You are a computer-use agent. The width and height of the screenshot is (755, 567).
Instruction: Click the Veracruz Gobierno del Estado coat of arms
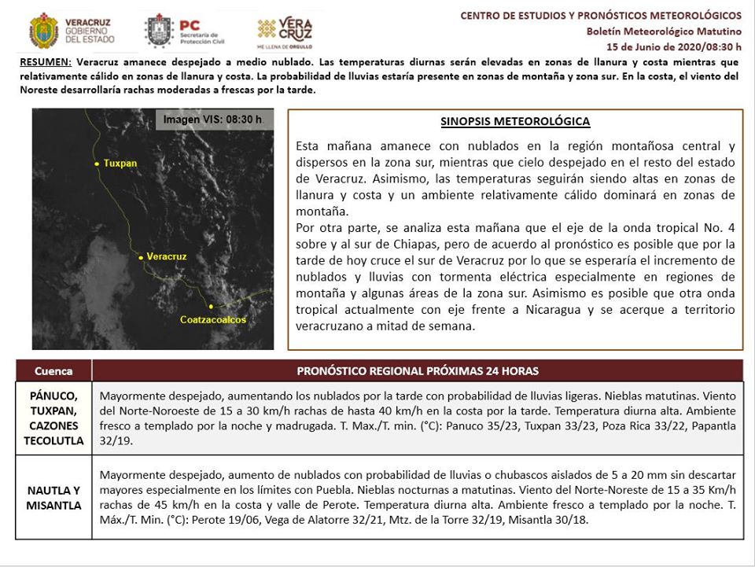tap(44, 30)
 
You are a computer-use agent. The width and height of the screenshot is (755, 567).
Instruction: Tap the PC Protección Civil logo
tap(159, 31)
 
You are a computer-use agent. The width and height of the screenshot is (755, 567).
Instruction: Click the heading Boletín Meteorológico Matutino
tap(664, 31)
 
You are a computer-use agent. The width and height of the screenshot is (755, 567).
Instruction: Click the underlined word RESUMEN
tap(45, 61)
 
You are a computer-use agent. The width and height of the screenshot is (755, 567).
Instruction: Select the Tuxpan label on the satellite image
tap(120, 164)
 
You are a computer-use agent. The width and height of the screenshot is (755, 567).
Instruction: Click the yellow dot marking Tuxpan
tap(97, 164)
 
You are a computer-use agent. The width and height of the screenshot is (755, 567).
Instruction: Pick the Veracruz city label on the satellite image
tap(167, 257)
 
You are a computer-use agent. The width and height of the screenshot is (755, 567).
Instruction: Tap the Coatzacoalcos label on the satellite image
tap(213, 320)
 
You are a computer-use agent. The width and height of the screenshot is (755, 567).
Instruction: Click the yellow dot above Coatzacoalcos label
tap(211, 306)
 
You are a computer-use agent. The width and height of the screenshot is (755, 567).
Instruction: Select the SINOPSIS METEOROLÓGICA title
tap(515, 122)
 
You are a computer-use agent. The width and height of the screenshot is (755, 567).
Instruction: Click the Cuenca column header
tap(53, 370)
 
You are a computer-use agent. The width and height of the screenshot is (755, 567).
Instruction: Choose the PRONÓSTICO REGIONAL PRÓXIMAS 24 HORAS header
tap(418, 370)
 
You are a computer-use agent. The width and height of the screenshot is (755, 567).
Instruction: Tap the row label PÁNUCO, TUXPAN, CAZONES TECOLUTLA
tap(53, 418)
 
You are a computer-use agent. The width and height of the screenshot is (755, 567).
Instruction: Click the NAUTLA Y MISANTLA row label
tap(53, 498)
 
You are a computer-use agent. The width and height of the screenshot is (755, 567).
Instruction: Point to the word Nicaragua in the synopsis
tap(551, 310)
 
